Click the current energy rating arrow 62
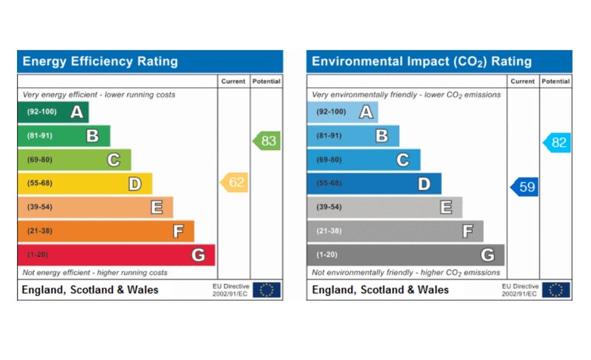click(x=235, y=183)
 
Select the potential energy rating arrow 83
click(x=267, y=140)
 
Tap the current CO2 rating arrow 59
click(x=525, y=187)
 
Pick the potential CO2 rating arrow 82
click(x=557, y=143)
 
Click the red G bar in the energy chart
click(x=116, y=255)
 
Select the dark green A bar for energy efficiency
click(x=52, y=112)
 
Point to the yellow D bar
click(x=84, y=183)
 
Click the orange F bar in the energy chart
click(x=106, y=231)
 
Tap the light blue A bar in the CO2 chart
click(x=342, y=112)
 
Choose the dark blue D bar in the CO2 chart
click(x=374, y=183)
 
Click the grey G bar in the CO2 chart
click(x=406, y=255)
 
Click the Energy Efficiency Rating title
click(x=100, y=61)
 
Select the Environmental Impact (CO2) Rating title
click(x=421, y=61)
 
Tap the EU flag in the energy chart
click(x=266, y=290)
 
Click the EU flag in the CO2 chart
click(x=556, y=290)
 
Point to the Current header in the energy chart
click(x=233, y=81)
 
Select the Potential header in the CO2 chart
click(x=556, y=81)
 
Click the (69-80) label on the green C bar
click(x=39, y=160)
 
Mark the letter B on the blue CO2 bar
click(x=382, y=136)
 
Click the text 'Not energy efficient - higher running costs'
click(x=95, y=273)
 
